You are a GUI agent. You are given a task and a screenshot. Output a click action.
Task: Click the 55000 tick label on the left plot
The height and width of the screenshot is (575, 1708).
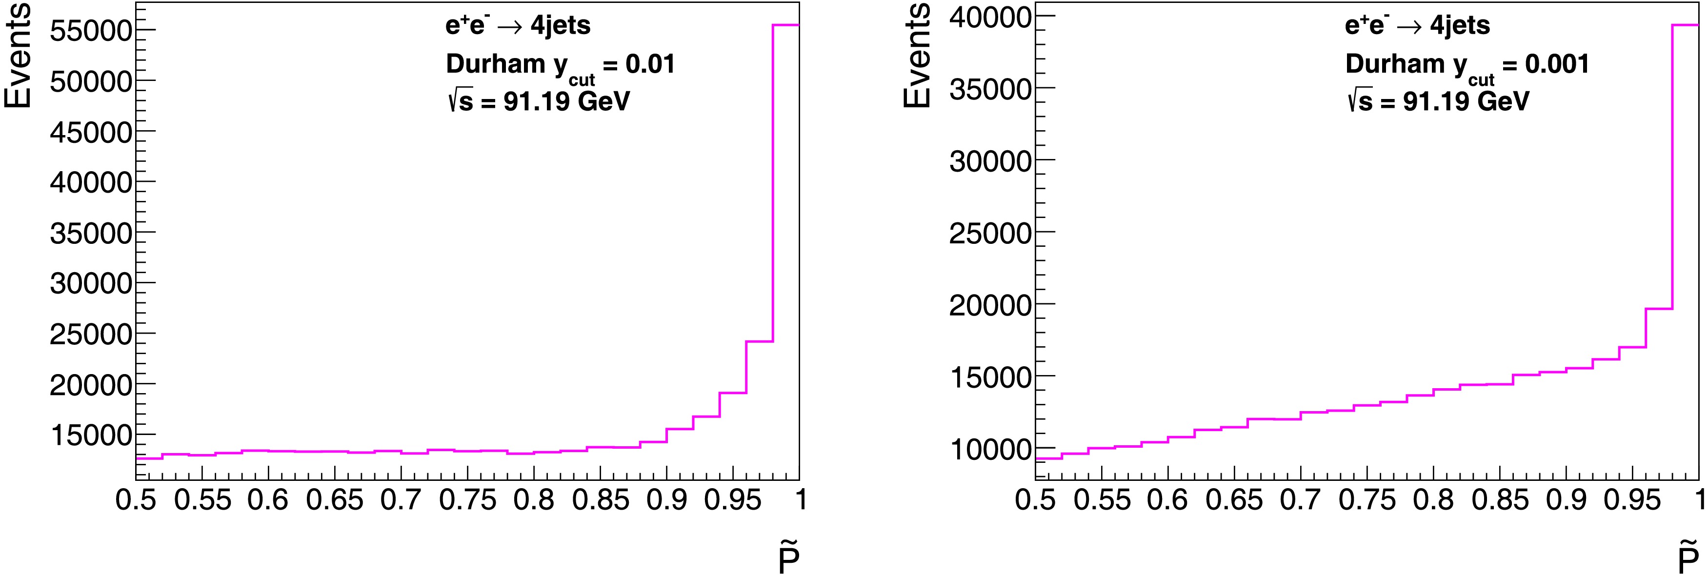[x=91, y=31]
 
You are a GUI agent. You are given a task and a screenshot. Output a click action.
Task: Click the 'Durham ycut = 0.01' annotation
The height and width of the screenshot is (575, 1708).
[x=560, y=66]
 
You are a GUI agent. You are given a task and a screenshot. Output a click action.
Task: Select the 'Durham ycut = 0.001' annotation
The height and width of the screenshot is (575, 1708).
[x=1467, y=66]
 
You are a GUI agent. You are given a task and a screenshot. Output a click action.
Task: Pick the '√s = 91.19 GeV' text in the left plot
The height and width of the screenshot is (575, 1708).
[x=539, y=101]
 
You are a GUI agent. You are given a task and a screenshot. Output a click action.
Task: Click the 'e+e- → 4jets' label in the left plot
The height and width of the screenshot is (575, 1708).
[x=518, y=26]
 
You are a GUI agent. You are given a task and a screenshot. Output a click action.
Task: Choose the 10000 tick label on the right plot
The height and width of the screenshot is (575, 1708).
[x=990, y=449]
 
